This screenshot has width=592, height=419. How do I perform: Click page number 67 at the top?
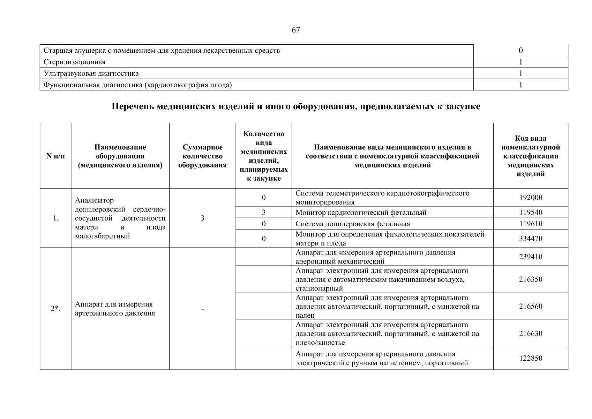[295, 30]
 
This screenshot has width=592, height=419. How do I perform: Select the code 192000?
[531, 198]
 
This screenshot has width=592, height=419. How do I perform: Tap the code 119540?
[531, 213]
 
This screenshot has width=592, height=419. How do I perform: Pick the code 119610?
[531, 224]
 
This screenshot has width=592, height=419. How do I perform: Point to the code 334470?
[531, 239]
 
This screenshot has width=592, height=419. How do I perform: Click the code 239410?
[531, 257]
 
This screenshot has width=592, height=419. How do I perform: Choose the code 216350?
[531, 279]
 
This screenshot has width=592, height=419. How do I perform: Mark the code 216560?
[531, 307]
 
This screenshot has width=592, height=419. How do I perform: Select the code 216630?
[531, 333]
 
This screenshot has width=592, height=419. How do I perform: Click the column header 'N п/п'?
[55, 156]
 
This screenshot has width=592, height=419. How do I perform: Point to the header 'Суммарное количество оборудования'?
[202, 156]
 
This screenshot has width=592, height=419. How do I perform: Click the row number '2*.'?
[55, 309]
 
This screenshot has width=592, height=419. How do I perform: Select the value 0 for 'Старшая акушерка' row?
[520, 51]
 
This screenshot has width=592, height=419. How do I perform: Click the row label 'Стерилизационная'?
[74, 62]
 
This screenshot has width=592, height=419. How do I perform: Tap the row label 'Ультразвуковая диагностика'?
[91, 74]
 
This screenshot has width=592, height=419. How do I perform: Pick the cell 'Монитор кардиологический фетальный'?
[361, 213]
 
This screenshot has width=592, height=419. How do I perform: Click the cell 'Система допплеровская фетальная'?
[353, 224]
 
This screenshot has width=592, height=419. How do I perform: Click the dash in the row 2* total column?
[202, 309]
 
